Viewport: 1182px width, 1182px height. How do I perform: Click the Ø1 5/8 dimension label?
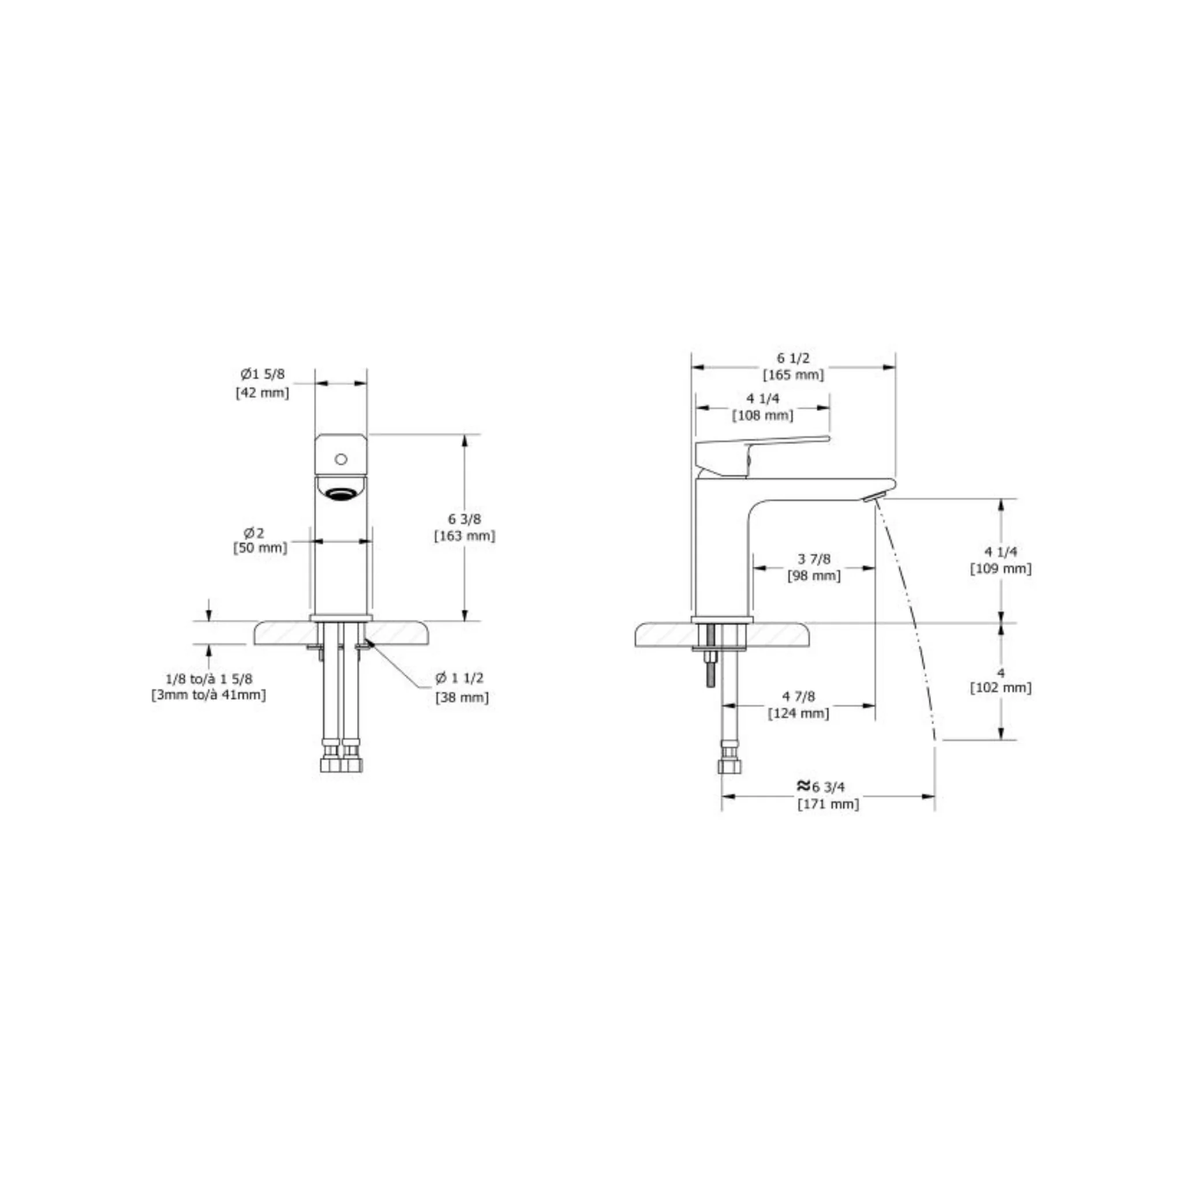click(x=263, y=374)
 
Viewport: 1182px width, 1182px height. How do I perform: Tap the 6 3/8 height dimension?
click(x=465, y=519)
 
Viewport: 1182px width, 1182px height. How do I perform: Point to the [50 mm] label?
click(x=260, y=548)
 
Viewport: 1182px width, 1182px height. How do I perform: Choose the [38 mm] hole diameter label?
click(x=462, y=697)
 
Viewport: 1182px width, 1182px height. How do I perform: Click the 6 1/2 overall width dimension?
click(x=793, y=358)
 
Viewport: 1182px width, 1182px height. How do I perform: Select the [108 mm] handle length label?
click(x=763, y=416)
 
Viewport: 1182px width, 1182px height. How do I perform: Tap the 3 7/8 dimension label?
click(x=814, y=559)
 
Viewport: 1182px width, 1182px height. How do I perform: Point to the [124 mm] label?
click(x=798, y=713)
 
